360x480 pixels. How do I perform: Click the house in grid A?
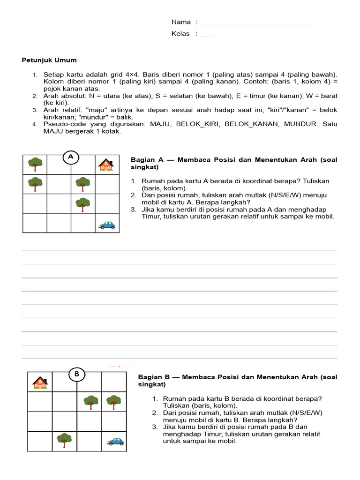point(106,164)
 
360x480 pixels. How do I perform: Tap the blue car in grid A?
point(107,225)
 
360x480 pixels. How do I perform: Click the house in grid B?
point(40,382)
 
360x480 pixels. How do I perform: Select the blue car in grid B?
point(115,441)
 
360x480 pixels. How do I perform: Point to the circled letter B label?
point(77,374)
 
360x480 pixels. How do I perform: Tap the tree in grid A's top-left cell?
point(35,164)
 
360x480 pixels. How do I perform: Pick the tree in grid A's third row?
point(83,203)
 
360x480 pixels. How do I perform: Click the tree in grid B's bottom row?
point(64,440)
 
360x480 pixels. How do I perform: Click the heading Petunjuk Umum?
point(49,60)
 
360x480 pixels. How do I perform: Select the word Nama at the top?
point(181,22)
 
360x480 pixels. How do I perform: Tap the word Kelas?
point(180,34)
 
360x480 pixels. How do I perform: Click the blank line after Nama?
point(258,23)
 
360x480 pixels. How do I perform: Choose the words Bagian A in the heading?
point(146,160)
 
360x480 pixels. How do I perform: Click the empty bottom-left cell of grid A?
point(35,223)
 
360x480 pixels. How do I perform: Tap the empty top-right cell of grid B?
point(114,382)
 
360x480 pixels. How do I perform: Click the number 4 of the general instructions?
point(35,124)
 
